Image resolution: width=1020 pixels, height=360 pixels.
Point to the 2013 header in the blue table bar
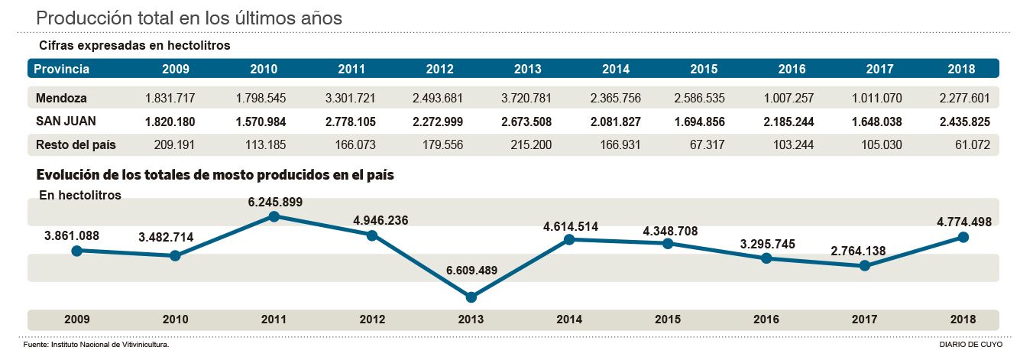coord(528,69)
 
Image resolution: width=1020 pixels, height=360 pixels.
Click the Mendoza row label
coord(61,98)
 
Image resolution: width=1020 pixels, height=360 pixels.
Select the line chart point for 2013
coord(471,297)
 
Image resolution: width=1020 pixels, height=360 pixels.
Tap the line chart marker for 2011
coord(274,216)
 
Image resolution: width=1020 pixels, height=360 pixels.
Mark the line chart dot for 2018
coord(963,237)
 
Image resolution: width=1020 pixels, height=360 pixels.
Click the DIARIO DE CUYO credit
coord(970,345)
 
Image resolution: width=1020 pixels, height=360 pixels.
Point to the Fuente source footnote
coord(96,345)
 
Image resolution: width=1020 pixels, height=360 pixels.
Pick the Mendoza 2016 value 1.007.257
coord(792,98)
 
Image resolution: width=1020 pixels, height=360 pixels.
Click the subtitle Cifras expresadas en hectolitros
coord(134,46)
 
